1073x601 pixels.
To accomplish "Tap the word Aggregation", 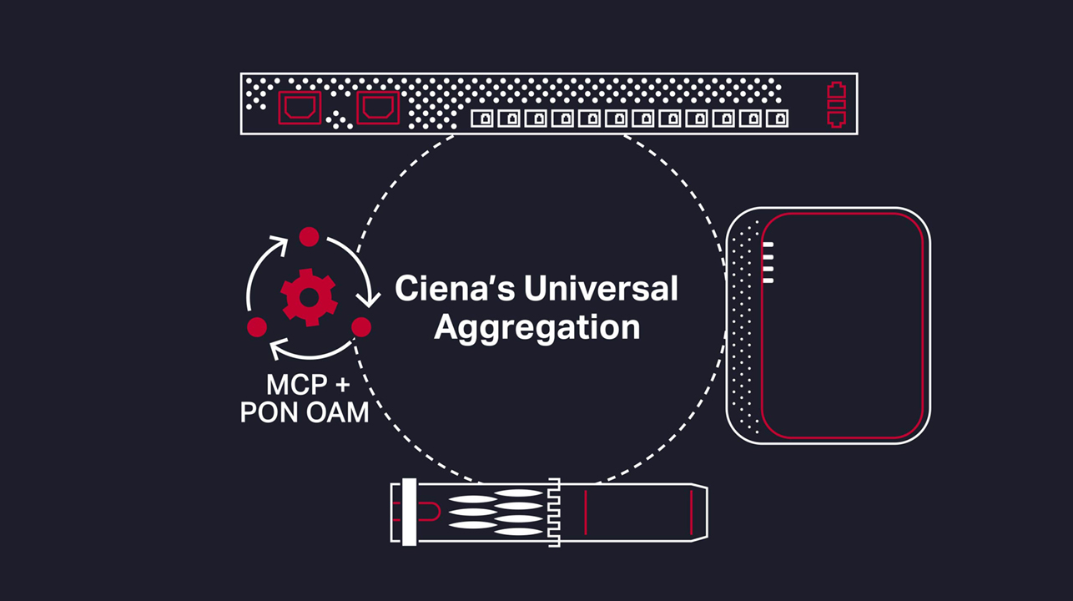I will pyautogui.click(x=536, y=327).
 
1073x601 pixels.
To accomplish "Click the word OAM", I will pyautogui.click(x=339, y=412).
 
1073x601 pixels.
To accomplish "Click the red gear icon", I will pyautogui.click(x=309, y=297).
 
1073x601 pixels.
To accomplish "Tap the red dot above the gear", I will pyautogui.click(x=309, y=237).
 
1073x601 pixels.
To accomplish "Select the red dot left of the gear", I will pyautogui.click(x=257, y=326).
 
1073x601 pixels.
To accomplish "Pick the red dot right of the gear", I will pyautogui.click(x=360, y=326).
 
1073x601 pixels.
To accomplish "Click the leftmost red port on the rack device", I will pyautogui.click(x=299, y=107).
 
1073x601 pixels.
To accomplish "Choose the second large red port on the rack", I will pyautogui.click(x=378, y=107).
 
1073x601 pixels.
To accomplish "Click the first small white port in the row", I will pyautogui.click(x=482, y=119).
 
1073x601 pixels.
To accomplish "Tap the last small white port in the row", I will pyautogui.click(x=777, y=119).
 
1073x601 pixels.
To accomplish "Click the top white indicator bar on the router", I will pyautogui.click(x=768, y=245).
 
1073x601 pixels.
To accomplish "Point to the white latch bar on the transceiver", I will pyautogui.click(x=409, y=513).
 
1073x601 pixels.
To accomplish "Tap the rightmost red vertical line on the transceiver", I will pyautogui.click(x=691, y=513).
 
